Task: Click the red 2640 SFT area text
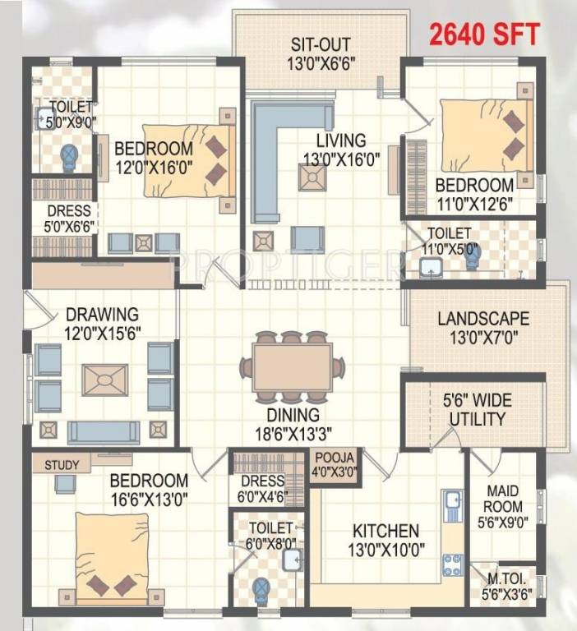(484, 35)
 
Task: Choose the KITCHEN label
(386, 532)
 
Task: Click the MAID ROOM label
(502, 498)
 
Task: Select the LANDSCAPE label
(483, 319)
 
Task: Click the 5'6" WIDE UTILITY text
(477, 410)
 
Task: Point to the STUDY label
(62, 465)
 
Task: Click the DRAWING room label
(103, 315)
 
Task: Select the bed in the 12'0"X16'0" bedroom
(187, 160)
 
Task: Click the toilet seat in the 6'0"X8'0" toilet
(261, 589)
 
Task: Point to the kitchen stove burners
(451, 564)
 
